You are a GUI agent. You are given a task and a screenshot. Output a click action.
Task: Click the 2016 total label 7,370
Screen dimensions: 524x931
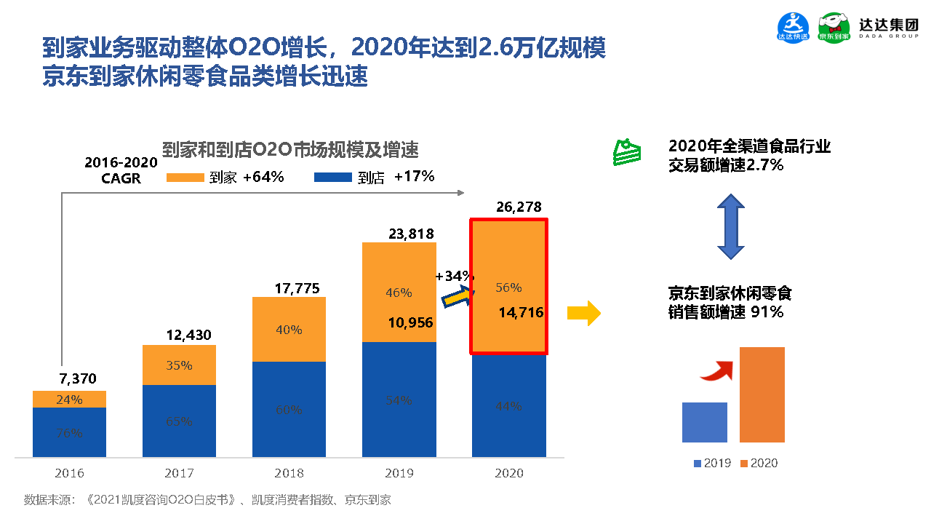tap(76, 378)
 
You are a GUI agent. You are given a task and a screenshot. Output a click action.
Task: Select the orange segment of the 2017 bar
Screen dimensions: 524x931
tap(179, 365)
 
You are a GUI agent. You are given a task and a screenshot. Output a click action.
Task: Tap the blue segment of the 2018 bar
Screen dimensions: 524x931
tap(289, 409)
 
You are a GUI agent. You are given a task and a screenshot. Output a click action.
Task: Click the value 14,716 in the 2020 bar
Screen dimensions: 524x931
tap(521, 312)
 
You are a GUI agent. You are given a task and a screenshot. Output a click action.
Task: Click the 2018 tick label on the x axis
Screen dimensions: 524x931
tap(289, 473)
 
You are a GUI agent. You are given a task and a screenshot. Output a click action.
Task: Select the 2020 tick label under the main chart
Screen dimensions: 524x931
tap(508, 473)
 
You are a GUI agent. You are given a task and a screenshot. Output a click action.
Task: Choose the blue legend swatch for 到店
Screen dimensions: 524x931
tap(332, 177)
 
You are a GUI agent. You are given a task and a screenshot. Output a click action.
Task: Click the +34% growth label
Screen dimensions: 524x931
tap(454, 277)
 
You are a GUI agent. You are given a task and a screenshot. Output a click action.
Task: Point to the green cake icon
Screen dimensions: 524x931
tap(626, 151)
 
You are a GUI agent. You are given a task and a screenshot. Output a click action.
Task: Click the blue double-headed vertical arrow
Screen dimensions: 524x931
tap(730, 228)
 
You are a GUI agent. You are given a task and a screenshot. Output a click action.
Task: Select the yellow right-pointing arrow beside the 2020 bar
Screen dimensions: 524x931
tap(583, 314)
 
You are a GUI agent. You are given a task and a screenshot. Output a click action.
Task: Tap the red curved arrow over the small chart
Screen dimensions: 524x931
tap(717, 370)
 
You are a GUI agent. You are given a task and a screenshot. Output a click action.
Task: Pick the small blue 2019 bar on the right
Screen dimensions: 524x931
tap(704, 422)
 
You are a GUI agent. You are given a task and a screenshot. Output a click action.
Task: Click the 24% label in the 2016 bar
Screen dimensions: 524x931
tap(70, 400)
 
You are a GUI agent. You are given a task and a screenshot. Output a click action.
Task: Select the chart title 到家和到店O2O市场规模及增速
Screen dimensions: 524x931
tap(289, 151)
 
